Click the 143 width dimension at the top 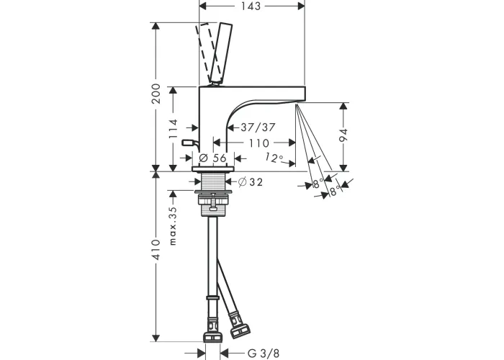[251, 6]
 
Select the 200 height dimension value [156, 94]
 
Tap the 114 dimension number [174, 129]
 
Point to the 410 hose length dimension [156, 249]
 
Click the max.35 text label [174, 226]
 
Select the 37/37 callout [258, 127]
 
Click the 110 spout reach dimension [258, 143]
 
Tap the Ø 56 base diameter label [213, 158]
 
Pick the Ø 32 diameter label [251, 182]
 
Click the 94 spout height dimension [343, 135]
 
